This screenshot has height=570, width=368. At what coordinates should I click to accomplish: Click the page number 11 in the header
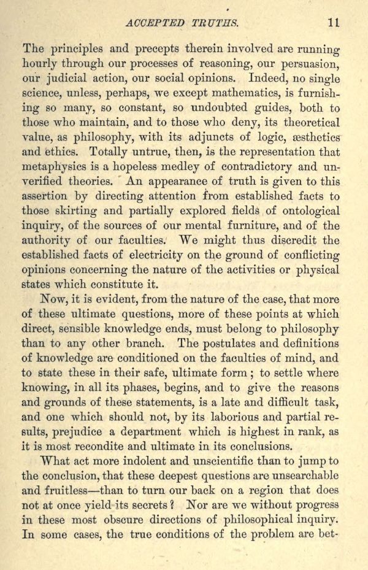334,23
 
